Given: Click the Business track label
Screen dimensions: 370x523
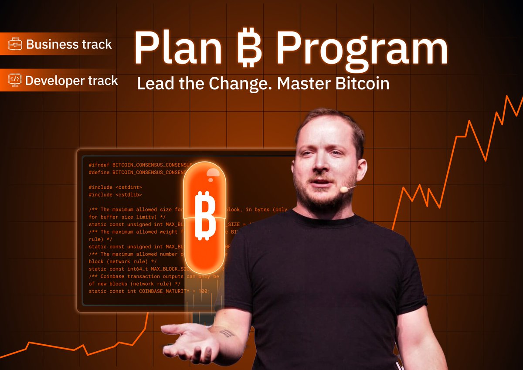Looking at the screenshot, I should click(x=69, y=44).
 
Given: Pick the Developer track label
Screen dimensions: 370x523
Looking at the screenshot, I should click(x=71, y=81).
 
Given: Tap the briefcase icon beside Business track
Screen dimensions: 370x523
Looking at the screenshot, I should click(x=16, y=44).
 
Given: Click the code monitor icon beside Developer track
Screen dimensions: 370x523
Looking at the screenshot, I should click(x=15, y=80).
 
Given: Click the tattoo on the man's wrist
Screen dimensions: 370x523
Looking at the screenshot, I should click(x=226, y=333).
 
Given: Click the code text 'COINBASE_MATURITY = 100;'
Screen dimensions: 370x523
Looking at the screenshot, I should click(x=174, y=291).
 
